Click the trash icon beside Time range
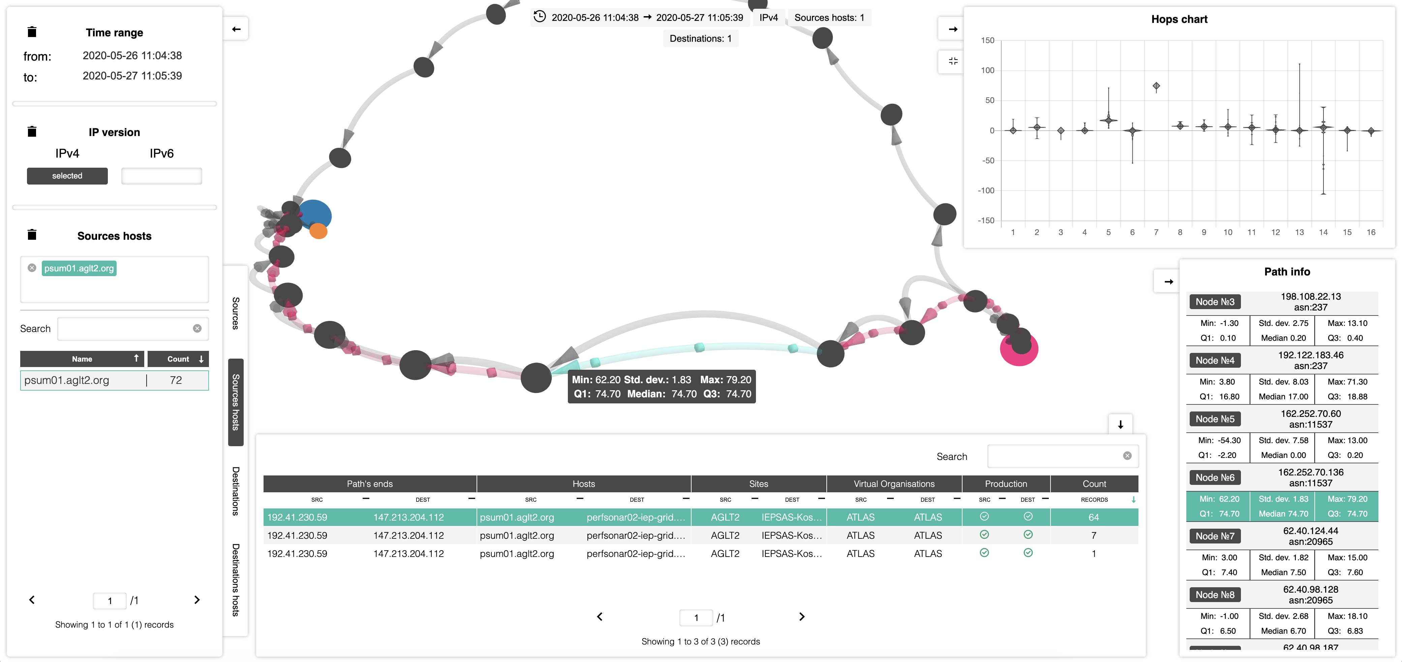click(32, 32)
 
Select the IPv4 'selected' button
click(67, 176)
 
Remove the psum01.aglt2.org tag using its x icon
click(32, 268)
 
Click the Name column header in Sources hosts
click(82, 359)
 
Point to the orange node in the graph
click(318, 232)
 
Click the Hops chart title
click(1179, 20)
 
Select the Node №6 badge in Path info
click(1215, 477)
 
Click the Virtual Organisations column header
click(894, 484)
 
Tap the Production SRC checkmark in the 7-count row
click(984, 535)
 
